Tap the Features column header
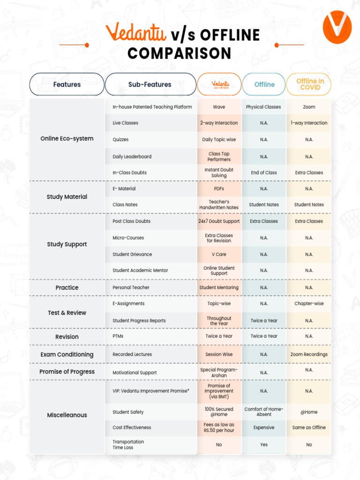(x=67, y=84)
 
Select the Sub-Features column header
(x=150, y=84)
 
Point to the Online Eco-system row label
(x=67, y=139)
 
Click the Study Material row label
(x=67, y=197)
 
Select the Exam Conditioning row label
(x=67, y=354)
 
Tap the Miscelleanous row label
(x=67, y=415)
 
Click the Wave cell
(x=219, y=107)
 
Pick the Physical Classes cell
(x=263, y=107)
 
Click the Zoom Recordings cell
(x=309, y=354)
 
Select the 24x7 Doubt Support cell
(x=219, y=221)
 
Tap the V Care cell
(x=219, y=255)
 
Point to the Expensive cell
(x=264, y=427)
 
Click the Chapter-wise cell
(x=309, y=304)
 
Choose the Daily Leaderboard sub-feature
(x=132, y=157)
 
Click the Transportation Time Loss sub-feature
(x=128, y=444)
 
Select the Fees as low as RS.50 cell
(x=219, y=427)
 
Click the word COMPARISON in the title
(x=180, y=53)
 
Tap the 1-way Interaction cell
(x=309, y=123)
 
